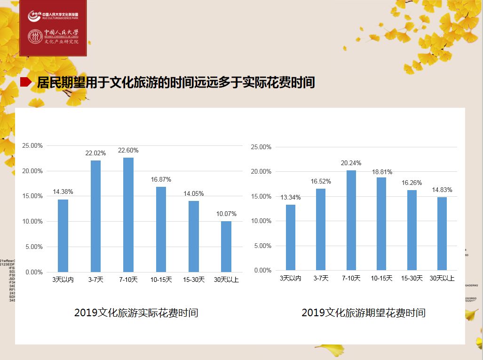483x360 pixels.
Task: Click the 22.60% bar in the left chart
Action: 128,215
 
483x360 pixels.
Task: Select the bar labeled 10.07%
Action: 226,247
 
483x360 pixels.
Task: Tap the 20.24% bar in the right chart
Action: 351,220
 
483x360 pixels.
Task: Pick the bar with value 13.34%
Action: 291,237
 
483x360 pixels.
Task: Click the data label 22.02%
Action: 95,153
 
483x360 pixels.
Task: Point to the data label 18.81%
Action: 381,172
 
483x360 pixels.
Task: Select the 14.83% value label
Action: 442,190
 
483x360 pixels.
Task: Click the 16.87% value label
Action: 161,179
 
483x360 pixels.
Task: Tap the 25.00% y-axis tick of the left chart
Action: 33,146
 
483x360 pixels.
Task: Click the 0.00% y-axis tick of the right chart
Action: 262,271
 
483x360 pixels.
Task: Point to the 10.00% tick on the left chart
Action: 33,222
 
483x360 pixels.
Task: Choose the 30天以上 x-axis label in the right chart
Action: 442,278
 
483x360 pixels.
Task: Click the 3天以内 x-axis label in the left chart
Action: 63,280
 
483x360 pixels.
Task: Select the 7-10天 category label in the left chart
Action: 128,280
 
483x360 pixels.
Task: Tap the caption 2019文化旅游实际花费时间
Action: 136,312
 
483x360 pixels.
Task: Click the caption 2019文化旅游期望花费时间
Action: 363,312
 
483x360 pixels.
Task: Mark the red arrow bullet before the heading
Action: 26,83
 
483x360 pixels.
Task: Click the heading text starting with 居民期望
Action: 175,83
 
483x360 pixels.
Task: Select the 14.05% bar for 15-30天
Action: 194,236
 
